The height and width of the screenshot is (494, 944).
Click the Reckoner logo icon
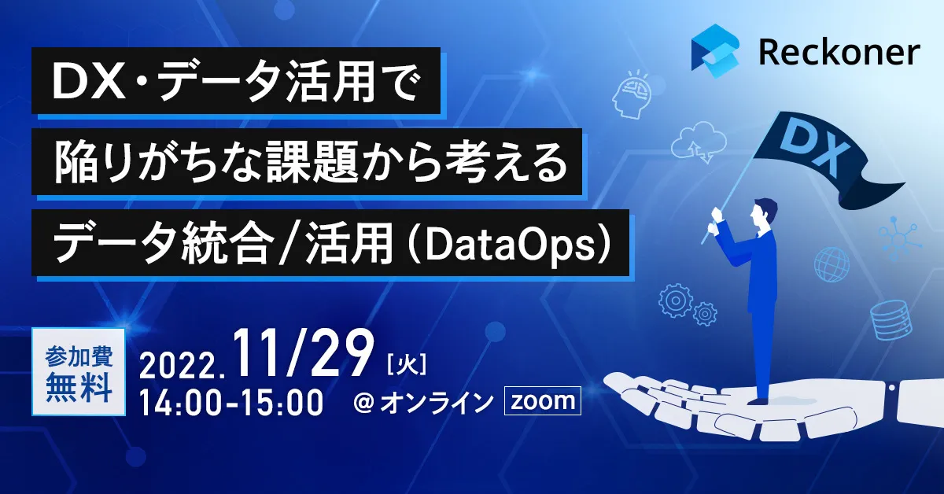(x=716, y=51)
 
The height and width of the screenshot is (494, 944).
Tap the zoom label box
(x=543, y=400)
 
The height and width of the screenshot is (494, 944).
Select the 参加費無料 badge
(x=79, y=372)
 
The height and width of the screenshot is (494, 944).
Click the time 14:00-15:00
(x=231, y=403)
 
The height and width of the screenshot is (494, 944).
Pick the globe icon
(x=832, y=264)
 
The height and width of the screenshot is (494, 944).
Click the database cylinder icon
(x=890, y=319)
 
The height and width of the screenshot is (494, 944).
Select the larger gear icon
(x=675, y=300)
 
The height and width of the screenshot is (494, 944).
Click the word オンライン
(x=437, y=402)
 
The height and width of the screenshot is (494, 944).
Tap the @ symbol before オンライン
(x=363, y=403)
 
